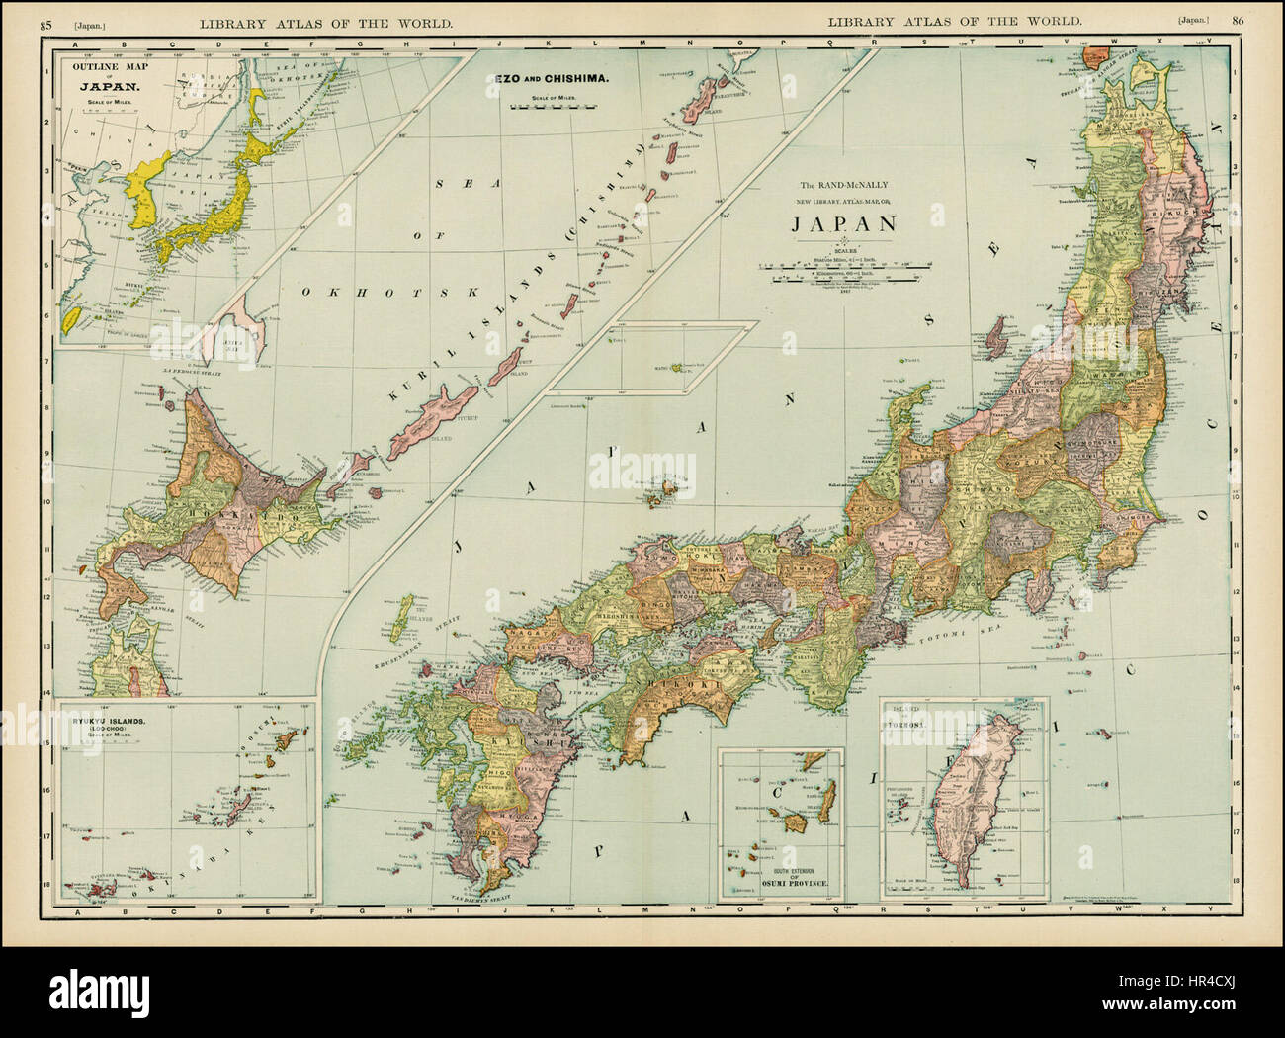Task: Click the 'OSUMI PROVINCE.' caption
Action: (x=781, y=880)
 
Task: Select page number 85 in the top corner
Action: (x=46, y=21)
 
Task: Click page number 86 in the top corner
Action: (x=1237, y=21)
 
